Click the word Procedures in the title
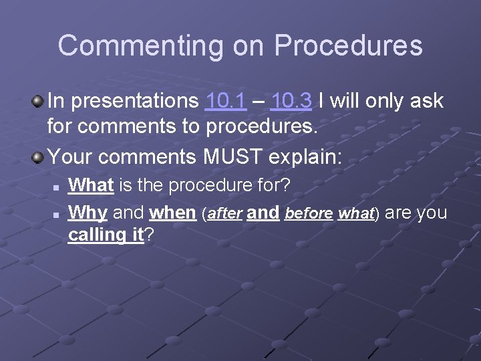348,46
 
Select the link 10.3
293,101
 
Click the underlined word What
92,184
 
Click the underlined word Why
89,213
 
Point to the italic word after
224,214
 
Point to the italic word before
308,214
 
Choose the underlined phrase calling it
106,235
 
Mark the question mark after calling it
149,235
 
